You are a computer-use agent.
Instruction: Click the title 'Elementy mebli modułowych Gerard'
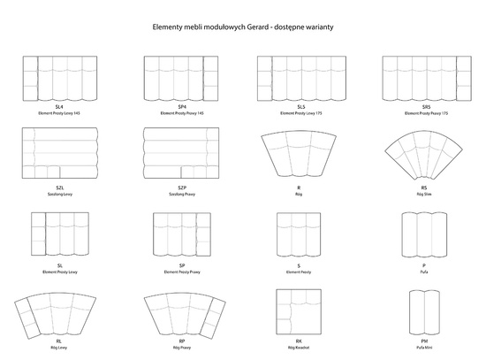point(242,27)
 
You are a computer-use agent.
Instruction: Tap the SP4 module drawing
point(181,79)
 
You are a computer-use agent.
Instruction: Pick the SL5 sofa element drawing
point(301,79)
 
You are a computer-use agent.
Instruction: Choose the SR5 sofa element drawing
point(424,79)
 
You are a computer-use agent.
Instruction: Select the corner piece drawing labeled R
point(300,156)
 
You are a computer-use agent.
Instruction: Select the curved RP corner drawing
point(181,311)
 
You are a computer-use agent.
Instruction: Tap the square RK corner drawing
point(300,310)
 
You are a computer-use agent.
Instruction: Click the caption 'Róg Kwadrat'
point(300,349)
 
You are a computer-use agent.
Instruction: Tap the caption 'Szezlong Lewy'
point(59,192)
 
